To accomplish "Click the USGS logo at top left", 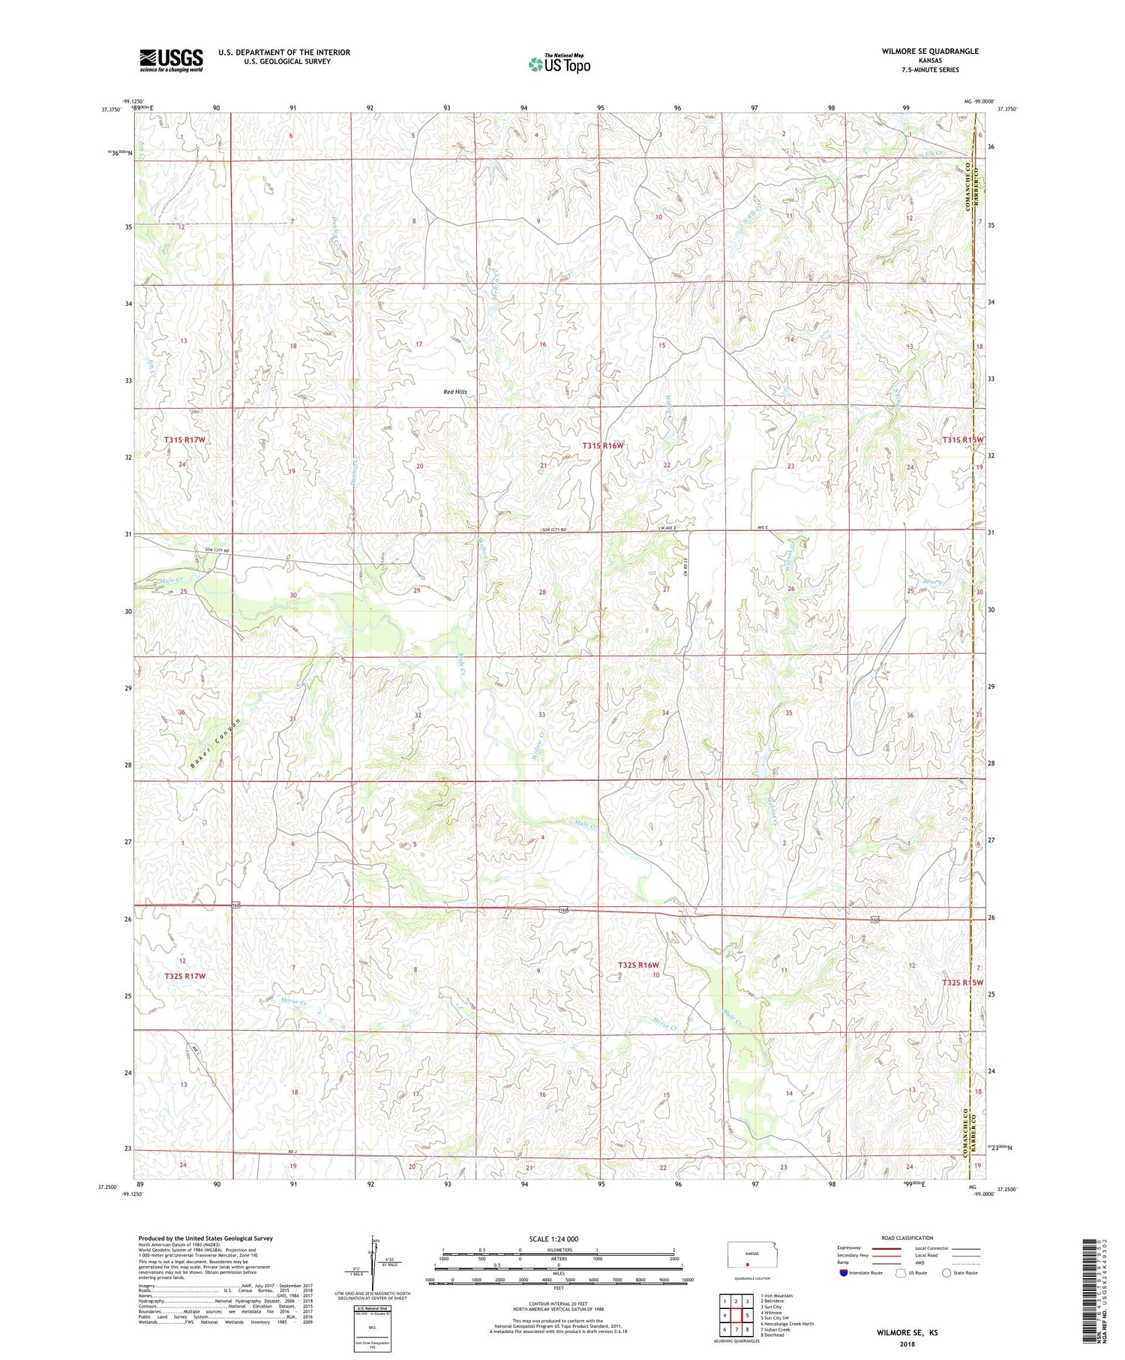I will tap(171, 60).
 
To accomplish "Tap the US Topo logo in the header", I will tap(559, 65).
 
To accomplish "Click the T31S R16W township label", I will tap(603, 446).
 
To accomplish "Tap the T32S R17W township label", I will tap(184, 976).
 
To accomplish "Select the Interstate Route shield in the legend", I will tap(844, 1273).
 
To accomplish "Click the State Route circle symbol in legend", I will tap(946, 1273).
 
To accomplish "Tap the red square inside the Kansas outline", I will tap(747, 1263).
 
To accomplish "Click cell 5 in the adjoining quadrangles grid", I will tap(747, 1315).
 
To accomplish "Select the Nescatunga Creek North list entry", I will tap(787, 1323).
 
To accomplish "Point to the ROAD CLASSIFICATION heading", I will tap(907, 1238).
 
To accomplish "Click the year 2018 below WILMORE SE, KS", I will tap(907, 1343).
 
